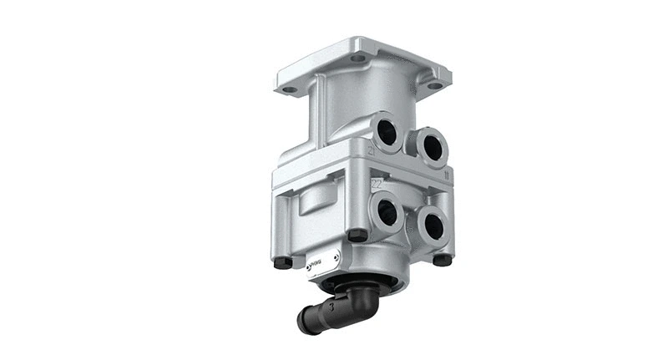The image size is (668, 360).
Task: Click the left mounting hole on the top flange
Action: pyautogui.click(x=290, y=89)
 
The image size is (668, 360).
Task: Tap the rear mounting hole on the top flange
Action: pyautogui.click(x=358, y=58)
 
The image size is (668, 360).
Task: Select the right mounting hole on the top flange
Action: pyautogui.click(x=433, y=85)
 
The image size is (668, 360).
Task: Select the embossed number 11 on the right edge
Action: pyautogui.click(x=448, y=176)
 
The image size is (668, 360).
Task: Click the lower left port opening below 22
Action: pyautogui.click(x=387, y=212)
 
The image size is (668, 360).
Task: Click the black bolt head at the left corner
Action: pyautogui.click(x=283, y=261)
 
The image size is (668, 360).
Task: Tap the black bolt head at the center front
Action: pyautogui.click(x=357, y=235)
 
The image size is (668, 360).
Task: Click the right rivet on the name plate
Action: pyautogui.click(x=335, y=256)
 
